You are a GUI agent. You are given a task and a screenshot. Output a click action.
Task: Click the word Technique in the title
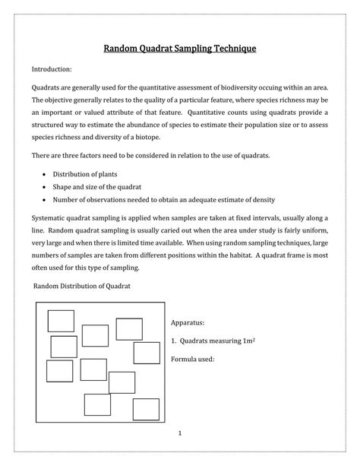(x=229, y=49)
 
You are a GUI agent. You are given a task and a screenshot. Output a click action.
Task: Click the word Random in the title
(x=122, y=49)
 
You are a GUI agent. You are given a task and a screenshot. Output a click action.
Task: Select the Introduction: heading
(x=52, y=69)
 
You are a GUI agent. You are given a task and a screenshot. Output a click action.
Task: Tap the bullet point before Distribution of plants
(x=45, y=173)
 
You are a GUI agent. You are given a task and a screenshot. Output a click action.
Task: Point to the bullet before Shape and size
(x=45, y=186)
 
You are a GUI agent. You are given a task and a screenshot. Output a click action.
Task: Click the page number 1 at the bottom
(x=181, y=434)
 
